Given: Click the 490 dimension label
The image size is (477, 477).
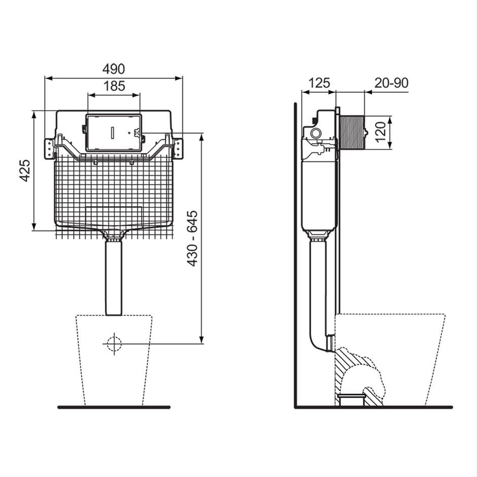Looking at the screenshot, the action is [114, 70].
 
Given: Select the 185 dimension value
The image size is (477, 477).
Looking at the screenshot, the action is [114, 86].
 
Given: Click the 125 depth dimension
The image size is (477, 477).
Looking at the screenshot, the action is [319, 83].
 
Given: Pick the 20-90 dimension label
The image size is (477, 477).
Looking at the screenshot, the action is [391, 83].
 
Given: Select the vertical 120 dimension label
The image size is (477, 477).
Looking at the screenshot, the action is [380, 132].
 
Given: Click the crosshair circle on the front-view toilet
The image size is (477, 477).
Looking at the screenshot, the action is [114, 344].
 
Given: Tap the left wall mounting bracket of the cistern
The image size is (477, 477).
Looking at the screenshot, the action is [49, 149].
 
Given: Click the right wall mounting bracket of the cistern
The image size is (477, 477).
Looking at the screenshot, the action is [178, 149].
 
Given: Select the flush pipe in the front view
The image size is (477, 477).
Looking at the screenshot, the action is [114, 278].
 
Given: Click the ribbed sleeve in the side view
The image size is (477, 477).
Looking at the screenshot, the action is [352, 132].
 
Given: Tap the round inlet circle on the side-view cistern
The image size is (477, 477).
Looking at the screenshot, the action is [316, 133].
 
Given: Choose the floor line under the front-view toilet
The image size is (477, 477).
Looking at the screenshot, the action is [114, 407].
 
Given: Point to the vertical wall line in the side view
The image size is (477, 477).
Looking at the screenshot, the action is [295, 255].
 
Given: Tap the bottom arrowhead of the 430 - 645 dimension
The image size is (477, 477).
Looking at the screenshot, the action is [201, 340].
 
